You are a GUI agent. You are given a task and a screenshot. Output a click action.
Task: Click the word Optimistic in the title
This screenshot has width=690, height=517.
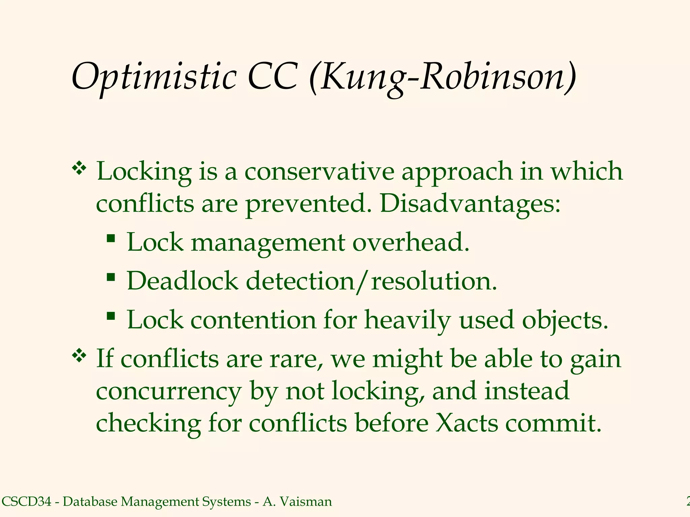pos(154,77)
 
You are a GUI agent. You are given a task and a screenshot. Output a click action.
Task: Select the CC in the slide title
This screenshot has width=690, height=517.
pos(272,77)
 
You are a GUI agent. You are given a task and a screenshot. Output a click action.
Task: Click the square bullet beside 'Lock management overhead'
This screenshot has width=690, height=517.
pos(111,239)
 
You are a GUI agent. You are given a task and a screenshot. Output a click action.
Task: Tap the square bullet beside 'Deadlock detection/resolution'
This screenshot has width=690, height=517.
pos(111,278)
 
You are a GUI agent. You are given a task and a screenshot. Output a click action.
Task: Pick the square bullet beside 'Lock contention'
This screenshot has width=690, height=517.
pos(111,316)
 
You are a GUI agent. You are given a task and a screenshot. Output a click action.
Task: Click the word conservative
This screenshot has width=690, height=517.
pos(319,172)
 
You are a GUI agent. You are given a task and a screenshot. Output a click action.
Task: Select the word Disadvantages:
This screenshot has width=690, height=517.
pos(470,204)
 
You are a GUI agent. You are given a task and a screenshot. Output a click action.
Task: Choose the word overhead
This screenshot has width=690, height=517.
pos(411,242)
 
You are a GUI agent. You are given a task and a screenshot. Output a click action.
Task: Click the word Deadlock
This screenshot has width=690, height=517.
pos(182,281)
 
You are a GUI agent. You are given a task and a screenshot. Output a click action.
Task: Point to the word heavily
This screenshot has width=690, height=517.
pos(407,320)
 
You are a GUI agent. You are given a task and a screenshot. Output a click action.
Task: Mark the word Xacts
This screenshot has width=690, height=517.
pos(467,423)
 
